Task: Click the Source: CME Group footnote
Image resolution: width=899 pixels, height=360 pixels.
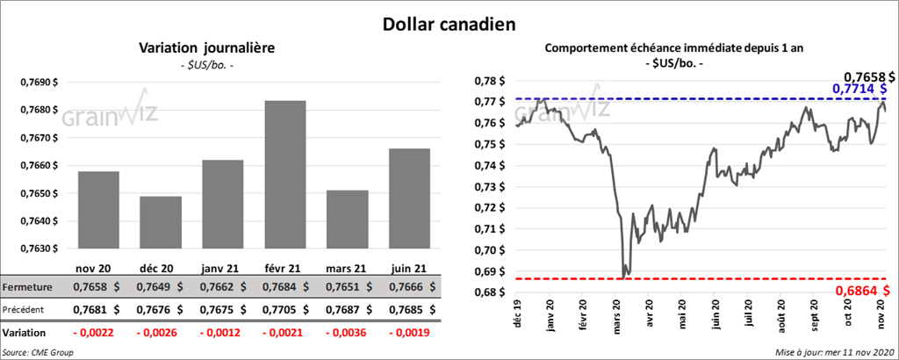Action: pos(39,352)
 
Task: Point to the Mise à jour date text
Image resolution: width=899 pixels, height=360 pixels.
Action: pos(834,352)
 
